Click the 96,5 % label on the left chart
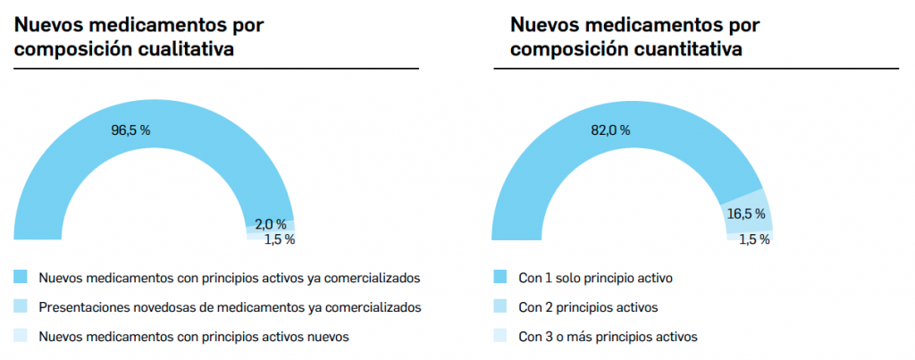tap(130, 130)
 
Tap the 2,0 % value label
tap(269, 224)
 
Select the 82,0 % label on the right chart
tap(610, 130)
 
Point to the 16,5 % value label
tap(746, 214)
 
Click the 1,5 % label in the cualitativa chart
tap(279, 239)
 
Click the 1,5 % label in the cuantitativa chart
tap(755, 239)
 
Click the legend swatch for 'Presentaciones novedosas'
tap(21, 307)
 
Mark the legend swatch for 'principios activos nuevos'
tap(21, 337)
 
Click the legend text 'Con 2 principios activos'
tap(588, 308)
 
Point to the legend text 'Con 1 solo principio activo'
tap(595, 279)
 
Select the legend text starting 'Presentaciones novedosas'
tap(230, 308)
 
